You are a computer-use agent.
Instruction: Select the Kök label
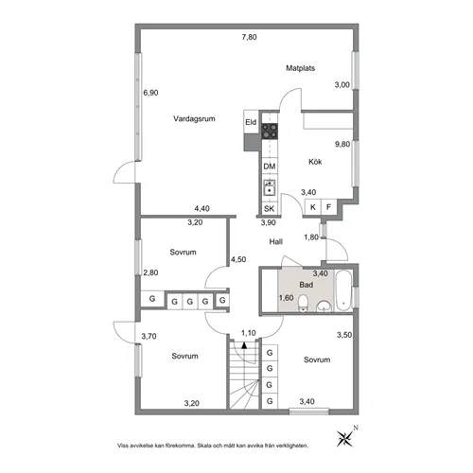click(315, 162)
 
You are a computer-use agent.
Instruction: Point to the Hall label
click(276, 242)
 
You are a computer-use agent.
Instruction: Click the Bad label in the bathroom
click(307, 283)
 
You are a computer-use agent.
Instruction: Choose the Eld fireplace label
click(251, 123)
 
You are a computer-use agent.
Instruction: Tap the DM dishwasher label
click(270, 166)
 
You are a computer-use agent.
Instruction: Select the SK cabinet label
click(270, 208)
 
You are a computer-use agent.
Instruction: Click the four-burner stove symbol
click(271, 133)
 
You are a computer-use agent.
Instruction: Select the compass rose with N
click(342, 436)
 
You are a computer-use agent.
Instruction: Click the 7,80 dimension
click(248, 37)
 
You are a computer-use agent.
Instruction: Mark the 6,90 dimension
click(149, 93)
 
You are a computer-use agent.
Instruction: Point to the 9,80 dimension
click(342, 144)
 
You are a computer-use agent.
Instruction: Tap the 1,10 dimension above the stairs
click(249, 332)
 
